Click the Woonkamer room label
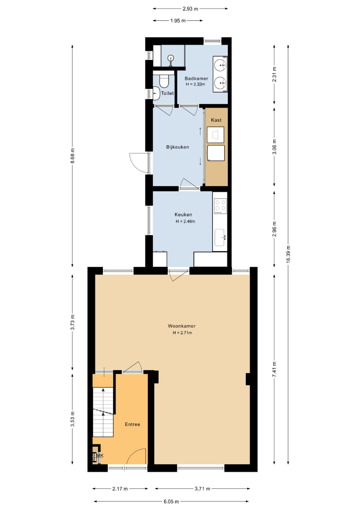tap(182, 326)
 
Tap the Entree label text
tap(133, 425)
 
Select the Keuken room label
tap(183, 215)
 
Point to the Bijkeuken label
tap(177, 147)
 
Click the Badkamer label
tap(196, 78)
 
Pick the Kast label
tap(216, 120)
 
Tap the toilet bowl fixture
tap(164, 81)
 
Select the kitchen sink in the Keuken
tap(220, 238)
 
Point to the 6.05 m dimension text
tap(171, 501)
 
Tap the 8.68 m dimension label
tap(73, 157)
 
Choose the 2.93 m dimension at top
tap(190, 9)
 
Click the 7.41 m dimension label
tap(275, 369)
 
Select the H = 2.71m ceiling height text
tap(182, 333)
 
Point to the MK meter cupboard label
tap(100, 455)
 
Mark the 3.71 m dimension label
tap(202, 489)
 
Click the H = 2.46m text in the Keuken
tap(185, 221)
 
